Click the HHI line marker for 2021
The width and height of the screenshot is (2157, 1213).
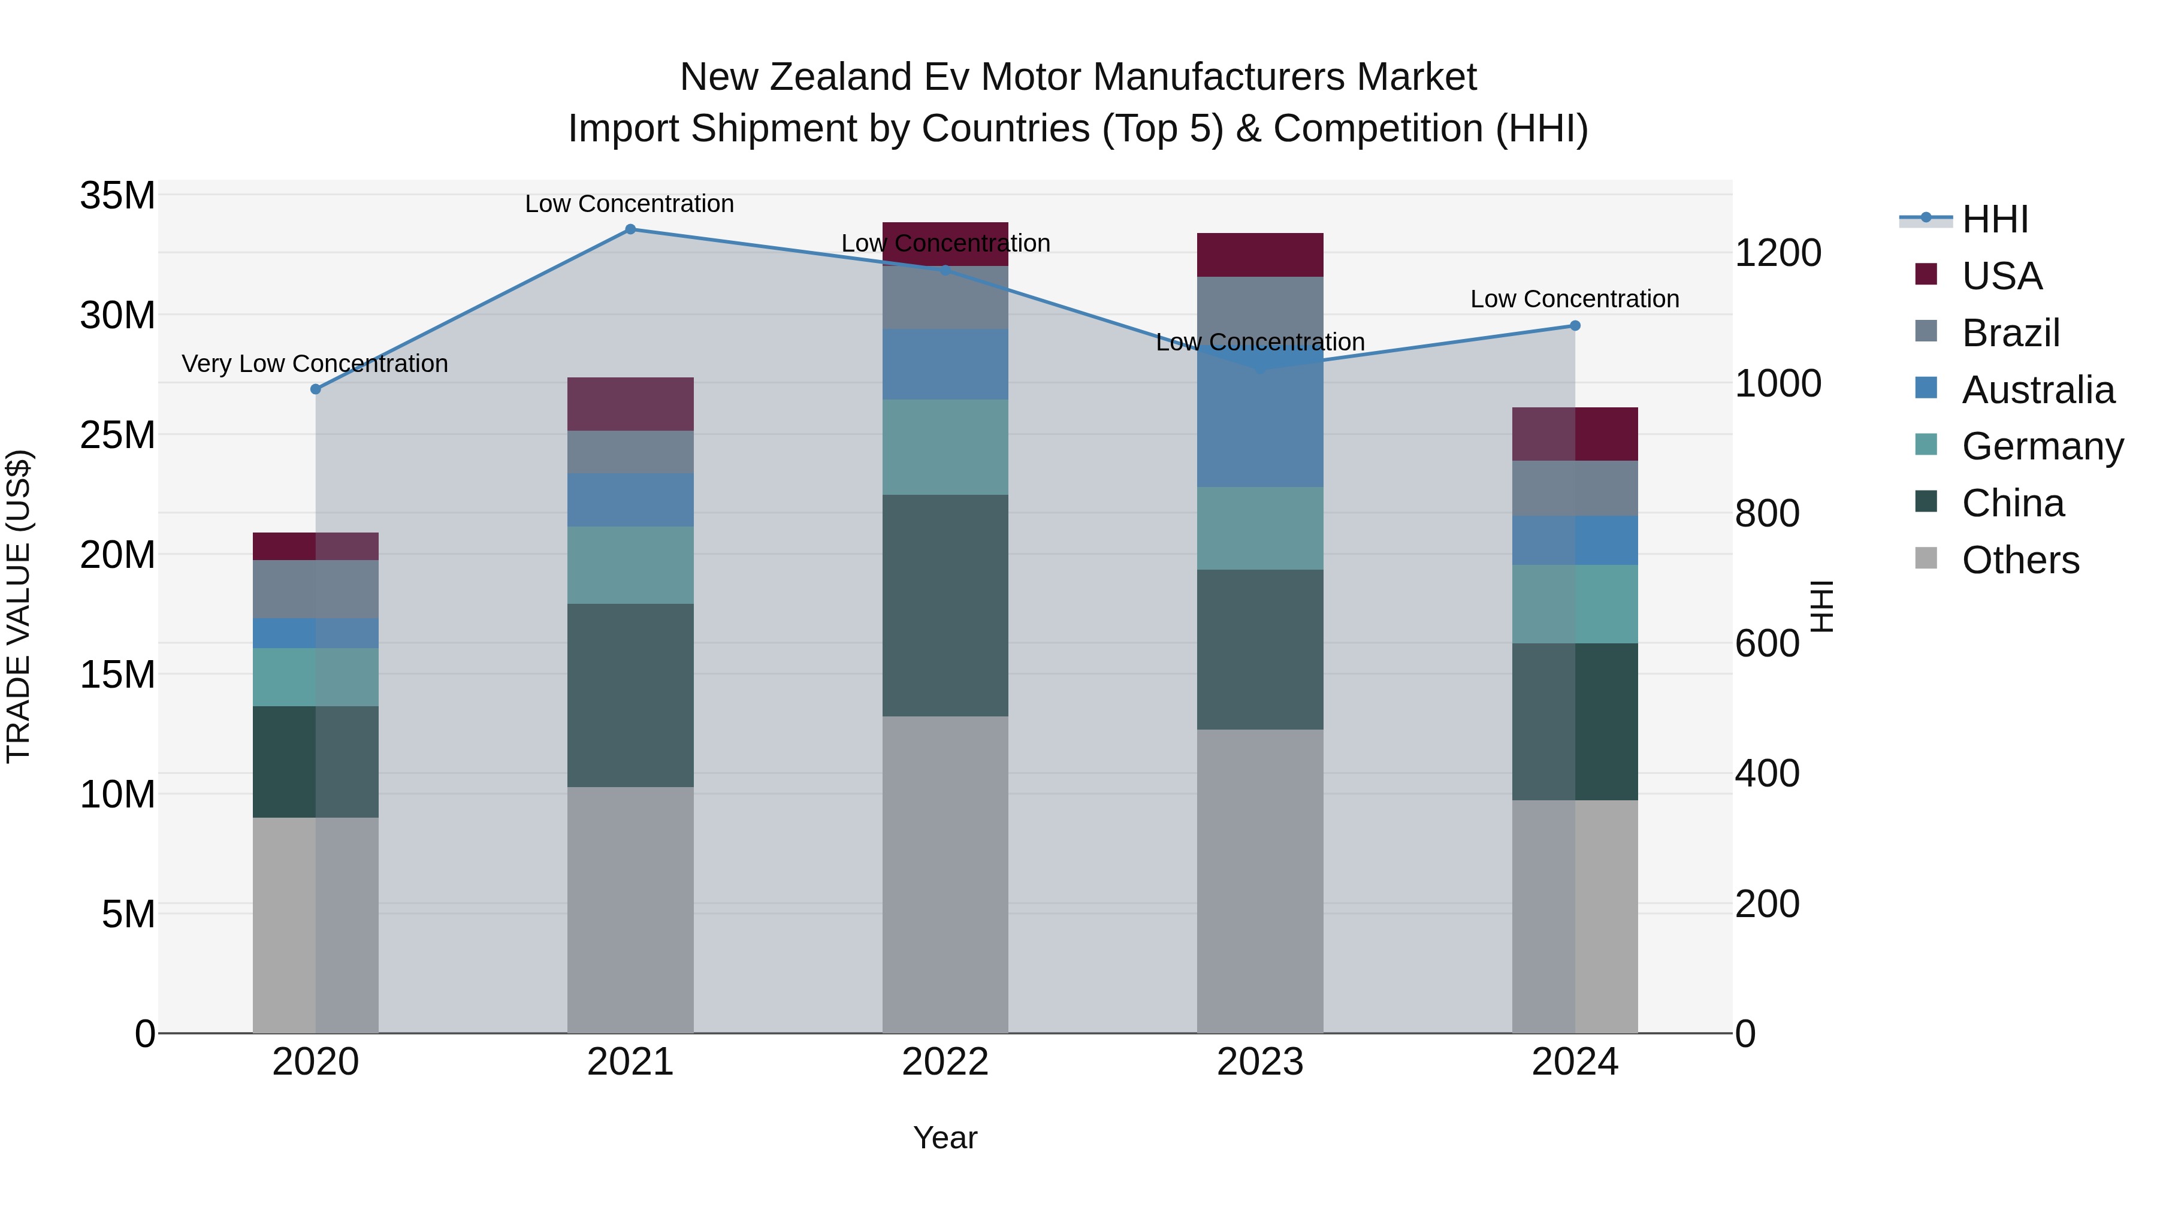coord(630,229)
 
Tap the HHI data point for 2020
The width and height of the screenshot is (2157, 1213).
coord(316,389)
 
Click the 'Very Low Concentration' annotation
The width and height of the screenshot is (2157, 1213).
coord(315,364)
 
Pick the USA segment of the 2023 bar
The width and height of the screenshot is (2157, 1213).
coord(1259,255)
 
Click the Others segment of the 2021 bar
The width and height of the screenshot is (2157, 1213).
coord(630,910)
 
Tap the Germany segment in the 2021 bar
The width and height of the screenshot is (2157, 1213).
coord(630,565)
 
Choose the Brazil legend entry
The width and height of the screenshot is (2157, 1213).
coord(2010,333)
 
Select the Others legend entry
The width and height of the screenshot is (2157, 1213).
coord(2020,560)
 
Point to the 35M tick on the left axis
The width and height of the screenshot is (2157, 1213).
coord(117,196)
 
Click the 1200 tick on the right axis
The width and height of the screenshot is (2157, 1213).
coord(1778,253)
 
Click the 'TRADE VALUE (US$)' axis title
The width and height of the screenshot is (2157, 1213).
coord(19,606)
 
